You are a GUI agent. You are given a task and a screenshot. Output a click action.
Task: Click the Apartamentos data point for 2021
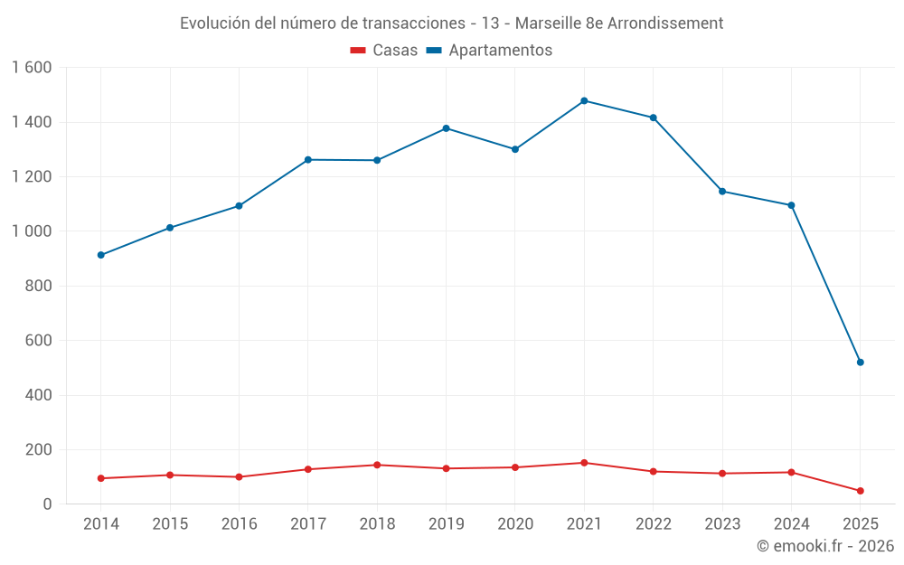tap(584, 100)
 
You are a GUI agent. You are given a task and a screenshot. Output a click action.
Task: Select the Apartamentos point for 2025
tap(861, 363)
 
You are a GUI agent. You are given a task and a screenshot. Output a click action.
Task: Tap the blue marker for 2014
tap(100, 255)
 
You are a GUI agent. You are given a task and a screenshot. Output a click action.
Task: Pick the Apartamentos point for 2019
tap(446, 128)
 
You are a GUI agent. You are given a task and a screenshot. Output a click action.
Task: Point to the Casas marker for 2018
tap(377, 465)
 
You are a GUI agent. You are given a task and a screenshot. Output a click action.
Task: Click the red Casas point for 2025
tap(861, 491)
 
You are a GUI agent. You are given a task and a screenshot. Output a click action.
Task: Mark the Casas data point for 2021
tap(584, 463)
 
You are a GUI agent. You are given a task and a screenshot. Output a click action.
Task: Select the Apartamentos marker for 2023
tap(722, 191)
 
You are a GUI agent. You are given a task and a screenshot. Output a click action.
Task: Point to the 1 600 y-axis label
tap(32, 68)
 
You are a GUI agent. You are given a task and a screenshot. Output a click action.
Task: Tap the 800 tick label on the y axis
tap(39, 287)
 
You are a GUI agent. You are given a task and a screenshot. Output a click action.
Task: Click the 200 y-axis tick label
tap(39, 450)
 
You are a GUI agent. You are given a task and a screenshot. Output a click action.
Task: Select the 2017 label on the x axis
tap(308, 524)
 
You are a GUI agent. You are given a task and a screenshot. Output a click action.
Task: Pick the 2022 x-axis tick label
tap(654, 524)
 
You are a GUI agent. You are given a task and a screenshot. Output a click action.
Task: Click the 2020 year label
tap(515, 524)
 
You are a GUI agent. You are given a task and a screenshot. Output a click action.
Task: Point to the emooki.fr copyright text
tap(825, 546)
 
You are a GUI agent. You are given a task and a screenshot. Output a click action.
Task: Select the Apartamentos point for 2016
tap(239, 206)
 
